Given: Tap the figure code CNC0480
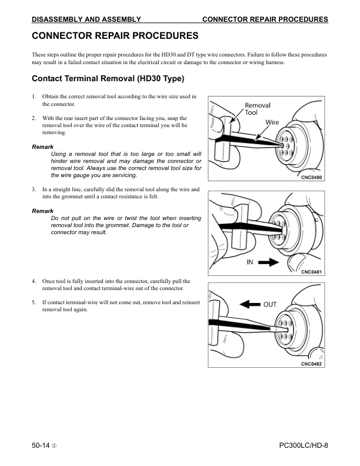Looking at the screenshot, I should [312, 177].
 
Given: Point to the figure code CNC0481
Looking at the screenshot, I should [312, 271].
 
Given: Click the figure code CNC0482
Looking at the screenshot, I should [312, 363].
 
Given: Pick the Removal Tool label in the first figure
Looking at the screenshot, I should [257, 109].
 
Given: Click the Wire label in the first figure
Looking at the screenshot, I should [272, 122].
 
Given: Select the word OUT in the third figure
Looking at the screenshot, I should [269, 304].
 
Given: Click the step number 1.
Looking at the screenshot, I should [34, 96].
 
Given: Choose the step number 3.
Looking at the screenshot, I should [34, 189].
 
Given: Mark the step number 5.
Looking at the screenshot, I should [34, 302].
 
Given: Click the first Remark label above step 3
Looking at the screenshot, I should [42, 146].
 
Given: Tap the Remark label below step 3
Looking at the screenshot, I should [42, 211].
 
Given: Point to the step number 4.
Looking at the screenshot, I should [34, 282].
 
